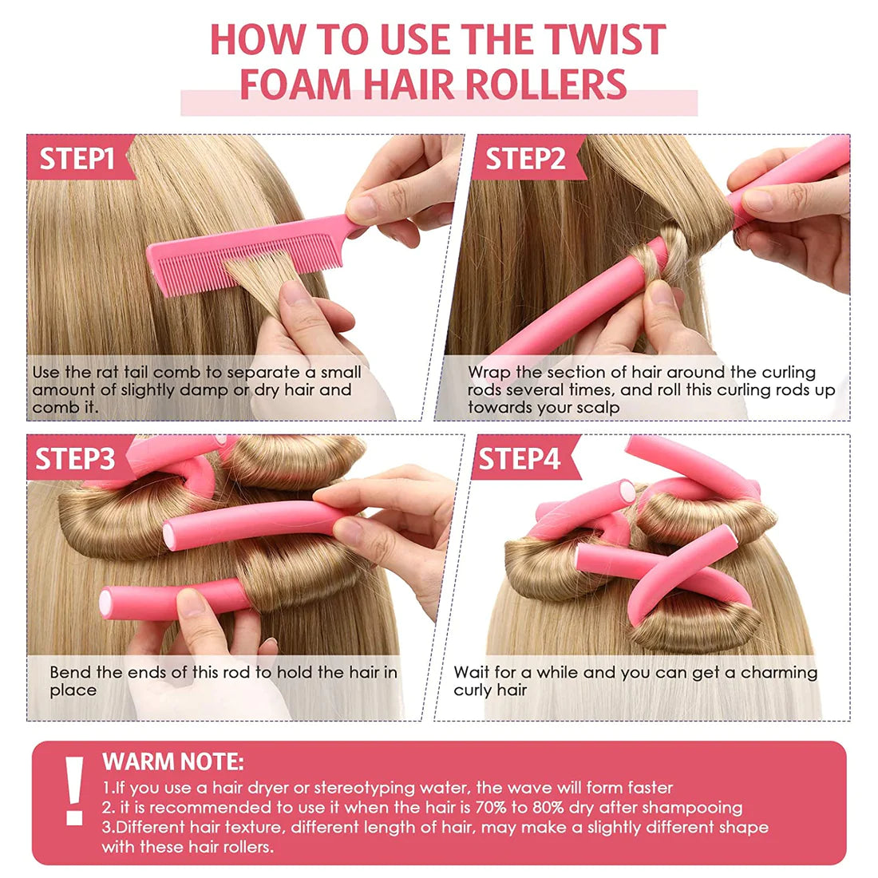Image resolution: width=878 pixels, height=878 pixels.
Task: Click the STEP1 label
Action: (77, 158)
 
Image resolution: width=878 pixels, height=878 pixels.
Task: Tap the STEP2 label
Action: (524, 158)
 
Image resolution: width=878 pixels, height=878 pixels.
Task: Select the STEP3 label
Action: (75, 459)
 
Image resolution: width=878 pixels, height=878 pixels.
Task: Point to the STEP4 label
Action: (519, 459)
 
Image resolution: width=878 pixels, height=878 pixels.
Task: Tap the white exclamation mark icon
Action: (75, 790)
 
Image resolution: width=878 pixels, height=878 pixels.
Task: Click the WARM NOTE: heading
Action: (173, 761)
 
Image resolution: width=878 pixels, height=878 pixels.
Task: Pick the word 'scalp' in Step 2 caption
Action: (599, 407)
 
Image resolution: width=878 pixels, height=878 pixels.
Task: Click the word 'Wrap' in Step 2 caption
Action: (489, 372)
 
